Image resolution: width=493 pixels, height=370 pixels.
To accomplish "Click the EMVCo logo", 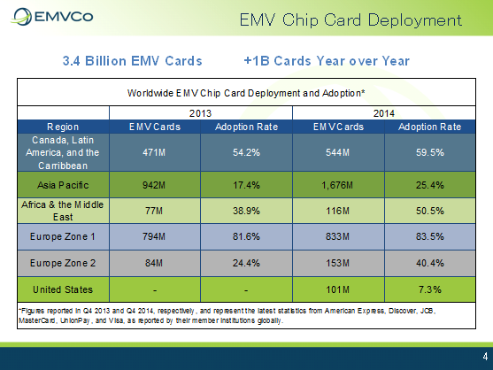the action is point(52,17).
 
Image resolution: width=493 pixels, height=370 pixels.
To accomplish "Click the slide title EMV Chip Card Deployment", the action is point(350,20).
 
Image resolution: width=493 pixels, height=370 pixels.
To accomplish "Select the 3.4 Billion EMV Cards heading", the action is point(133,61).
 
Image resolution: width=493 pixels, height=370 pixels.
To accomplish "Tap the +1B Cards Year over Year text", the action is point(327,61).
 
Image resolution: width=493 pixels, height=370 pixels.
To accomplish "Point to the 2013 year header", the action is point(200,113).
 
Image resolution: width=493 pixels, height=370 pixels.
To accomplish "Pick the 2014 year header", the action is point(384,113).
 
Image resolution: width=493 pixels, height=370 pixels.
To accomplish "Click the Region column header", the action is point(63,127).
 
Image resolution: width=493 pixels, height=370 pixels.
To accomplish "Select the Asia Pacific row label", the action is point(63,185).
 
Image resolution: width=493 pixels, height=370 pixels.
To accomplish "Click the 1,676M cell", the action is point(337,185).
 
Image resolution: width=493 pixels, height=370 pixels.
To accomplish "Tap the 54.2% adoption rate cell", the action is point(246,152).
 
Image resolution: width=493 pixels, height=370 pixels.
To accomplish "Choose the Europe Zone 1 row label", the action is point(62,236).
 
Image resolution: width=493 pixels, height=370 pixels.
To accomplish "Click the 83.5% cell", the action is point(430,236).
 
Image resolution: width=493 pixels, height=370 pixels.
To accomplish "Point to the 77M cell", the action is point(154,211).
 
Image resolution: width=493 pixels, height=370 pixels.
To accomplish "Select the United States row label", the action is point(63,289).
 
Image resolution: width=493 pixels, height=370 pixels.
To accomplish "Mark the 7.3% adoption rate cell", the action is point(430,289).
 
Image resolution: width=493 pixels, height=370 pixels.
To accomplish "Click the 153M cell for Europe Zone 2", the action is point(337,263).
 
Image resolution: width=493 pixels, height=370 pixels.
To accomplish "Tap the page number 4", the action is point(485,356).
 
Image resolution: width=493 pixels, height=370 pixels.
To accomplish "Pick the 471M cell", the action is point(154,152).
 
